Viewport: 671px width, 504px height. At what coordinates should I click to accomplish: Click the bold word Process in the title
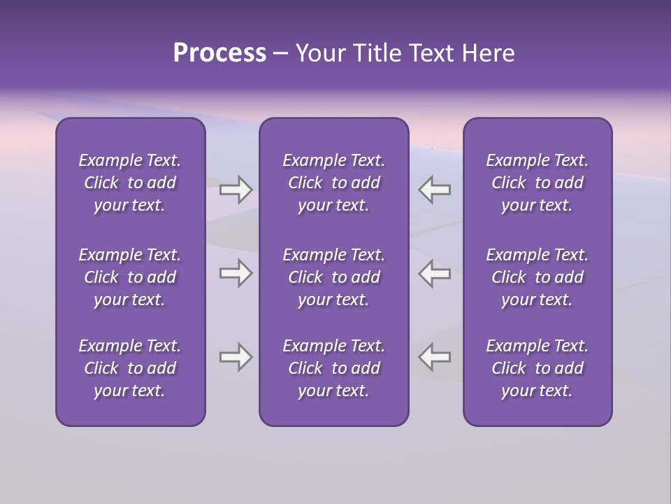[219, 53]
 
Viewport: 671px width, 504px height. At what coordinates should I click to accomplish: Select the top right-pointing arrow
[236, 190]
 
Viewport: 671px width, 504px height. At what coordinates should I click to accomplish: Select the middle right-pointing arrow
[236, 273]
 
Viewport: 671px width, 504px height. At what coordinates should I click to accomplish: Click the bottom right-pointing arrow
[236, 357]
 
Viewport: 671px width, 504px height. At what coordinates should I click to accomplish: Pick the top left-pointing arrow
[434, 190]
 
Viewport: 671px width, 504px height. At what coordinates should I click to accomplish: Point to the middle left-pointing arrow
[434, 273]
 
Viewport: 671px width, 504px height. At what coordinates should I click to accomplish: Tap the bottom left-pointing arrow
[434, 357]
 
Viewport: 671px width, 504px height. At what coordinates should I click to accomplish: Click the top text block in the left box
[130, 183]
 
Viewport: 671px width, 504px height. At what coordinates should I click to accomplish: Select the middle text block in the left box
[130, 277]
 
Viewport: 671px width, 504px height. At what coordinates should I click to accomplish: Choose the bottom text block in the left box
[130, 368]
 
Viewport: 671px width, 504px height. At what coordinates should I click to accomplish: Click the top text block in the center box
[333, 183]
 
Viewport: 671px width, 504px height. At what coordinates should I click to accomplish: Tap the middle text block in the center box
[333, 277]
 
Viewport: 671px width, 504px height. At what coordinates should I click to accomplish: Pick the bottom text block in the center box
[333, 368]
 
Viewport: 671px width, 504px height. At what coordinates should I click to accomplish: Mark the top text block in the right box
[537, 183]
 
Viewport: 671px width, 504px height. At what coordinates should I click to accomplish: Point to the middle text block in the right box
[537, 277]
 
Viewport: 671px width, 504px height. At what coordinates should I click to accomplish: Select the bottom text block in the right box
[537, 368]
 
